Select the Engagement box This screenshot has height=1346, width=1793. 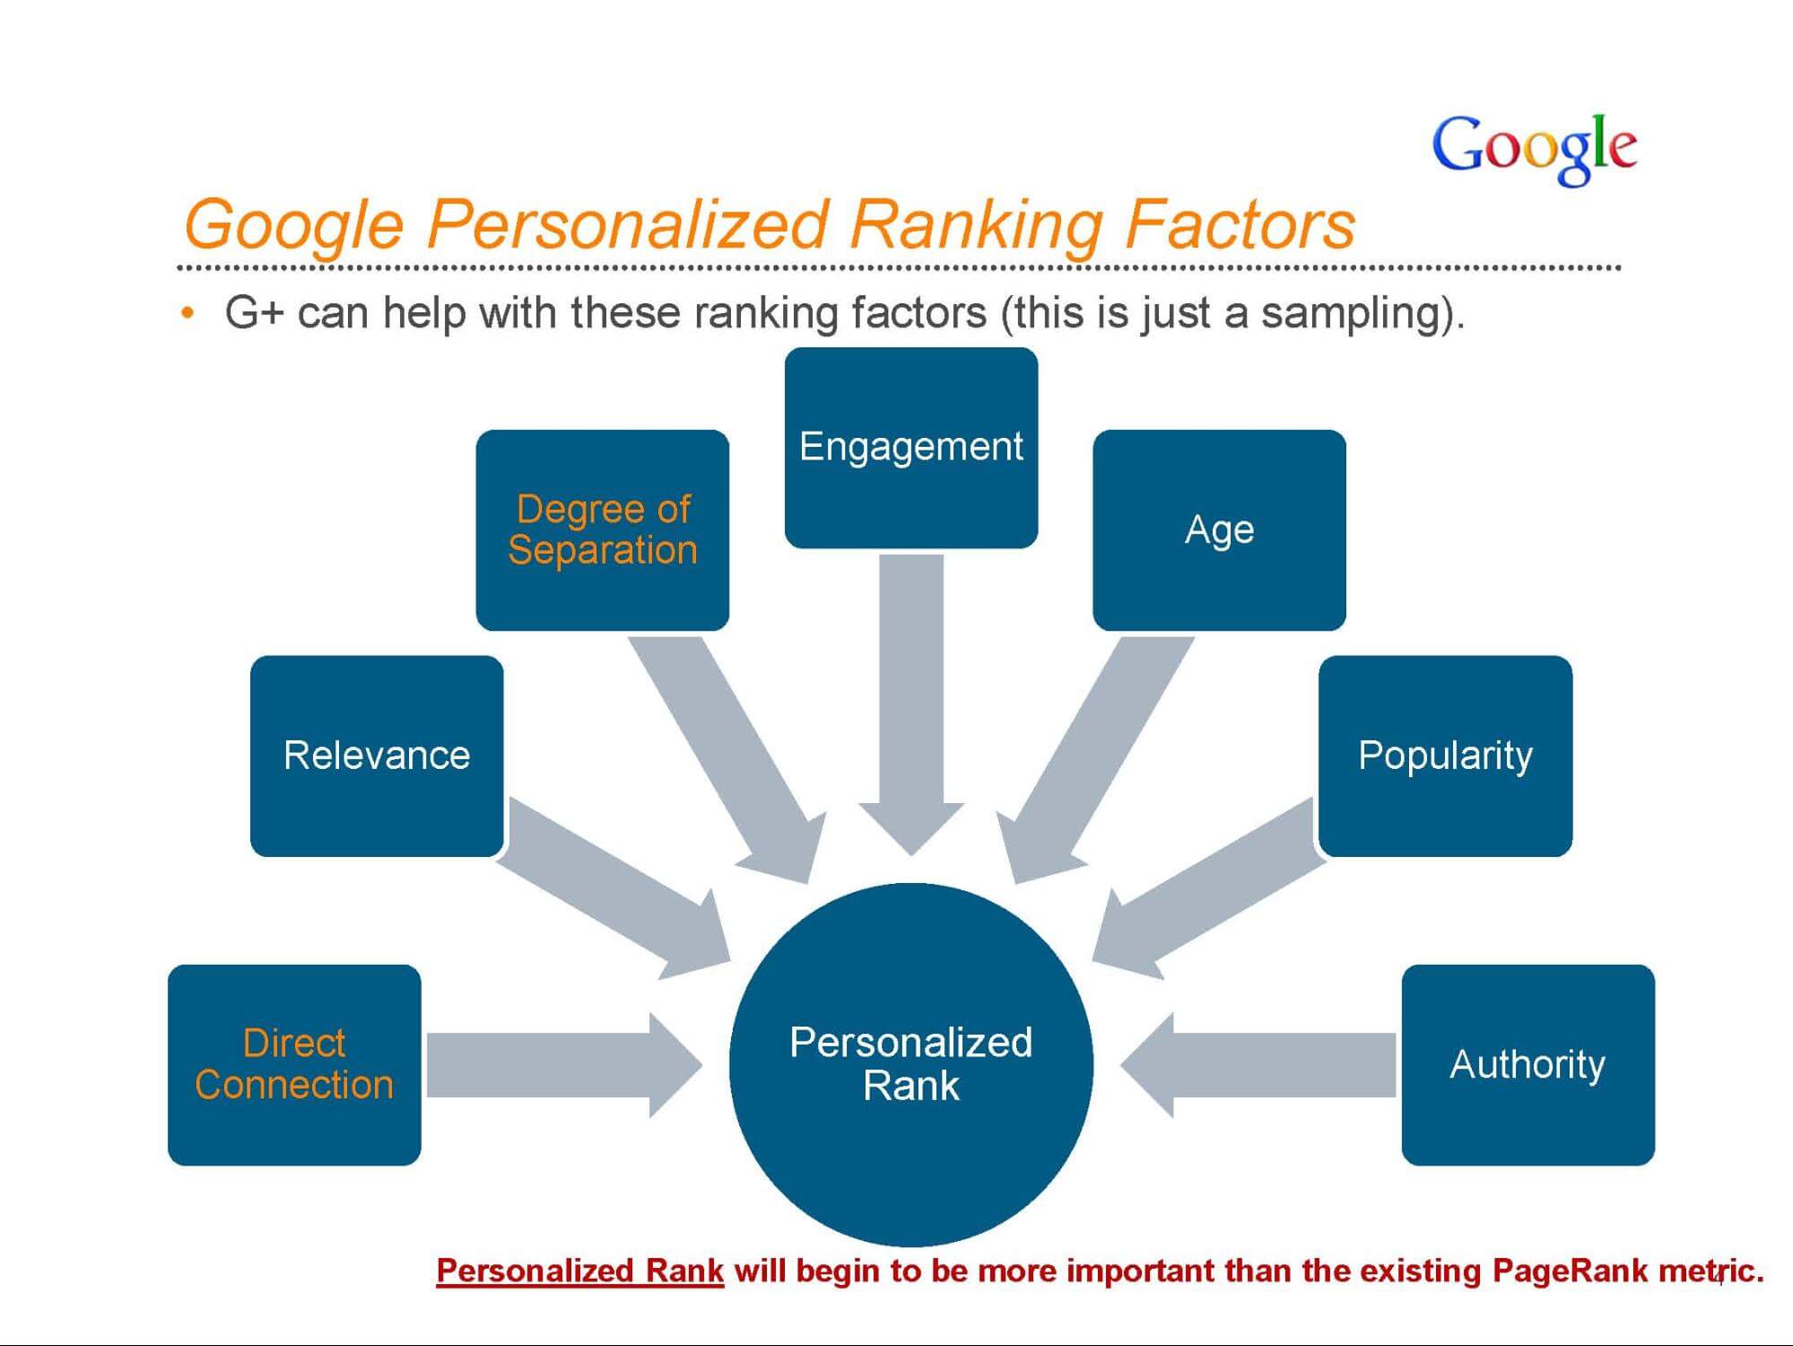pos(911,448)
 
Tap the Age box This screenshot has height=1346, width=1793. pos(1219,530)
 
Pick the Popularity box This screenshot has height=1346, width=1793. pos(1445,756)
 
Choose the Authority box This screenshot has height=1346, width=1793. pos(1528,1065)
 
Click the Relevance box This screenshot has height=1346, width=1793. pos(377,756)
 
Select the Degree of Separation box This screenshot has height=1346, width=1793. pos(603,530)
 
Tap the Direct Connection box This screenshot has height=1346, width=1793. pos(294,1065)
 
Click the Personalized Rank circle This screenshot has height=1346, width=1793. pos(911,1065)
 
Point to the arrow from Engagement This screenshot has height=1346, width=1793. pos(911,704)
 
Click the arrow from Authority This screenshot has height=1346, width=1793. pos(1258,1065)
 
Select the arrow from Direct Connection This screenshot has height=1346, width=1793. pos(564,1065)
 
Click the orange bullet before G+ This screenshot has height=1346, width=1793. pos(187,313)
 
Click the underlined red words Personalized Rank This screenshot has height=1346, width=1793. pos(579,1272)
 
